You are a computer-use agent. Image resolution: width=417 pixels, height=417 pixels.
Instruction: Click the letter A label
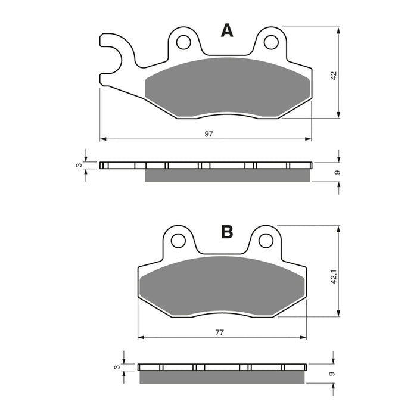coord(227,31)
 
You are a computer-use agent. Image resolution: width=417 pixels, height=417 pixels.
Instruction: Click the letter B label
coord(227,232)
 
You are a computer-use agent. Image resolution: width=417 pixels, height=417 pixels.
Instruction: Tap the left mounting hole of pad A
coord(183,42)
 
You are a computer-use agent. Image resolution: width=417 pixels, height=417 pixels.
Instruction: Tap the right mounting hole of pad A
coord(271,42)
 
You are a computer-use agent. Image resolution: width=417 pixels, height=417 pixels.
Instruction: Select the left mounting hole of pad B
coord(178,241)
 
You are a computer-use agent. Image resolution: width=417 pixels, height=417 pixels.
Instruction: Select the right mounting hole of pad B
coord(266,241)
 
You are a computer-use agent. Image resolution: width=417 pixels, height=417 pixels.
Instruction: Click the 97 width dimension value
coord(208,134)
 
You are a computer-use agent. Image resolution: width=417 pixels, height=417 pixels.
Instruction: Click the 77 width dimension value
coord(220,332)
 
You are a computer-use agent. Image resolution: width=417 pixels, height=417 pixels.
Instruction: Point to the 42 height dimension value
coord(334,76)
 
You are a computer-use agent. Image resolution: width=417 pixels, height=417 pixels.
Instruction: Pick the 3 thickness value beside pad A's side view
coord(78,165)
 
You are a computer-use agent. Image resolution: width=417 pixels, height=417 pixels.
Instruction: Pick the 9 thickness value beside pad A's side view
coord(337,172)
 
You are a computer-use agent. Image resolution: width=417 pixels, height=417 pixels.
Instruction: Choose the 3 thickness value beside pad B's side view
coord(117,368)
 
